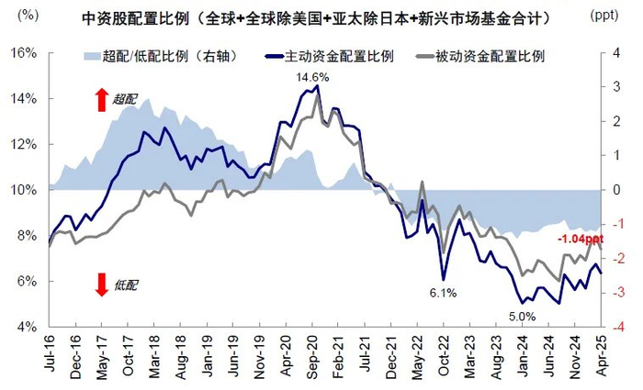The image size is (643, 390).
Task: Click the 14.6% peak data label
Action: pyautogui.click(x=311, y=77)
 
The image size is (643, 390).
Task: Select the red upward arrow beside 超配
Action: pyautogui.click(x=100, y=100)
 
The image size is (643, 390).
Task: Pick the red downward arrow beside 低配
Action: pyautogui.click(x=100, y=285)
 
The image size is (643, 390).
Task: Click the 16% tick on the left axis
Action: pyautogui.click(x=24, y=52)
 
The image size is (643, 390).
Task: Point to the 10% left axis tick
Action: pyautogui.click(x=24, y=190)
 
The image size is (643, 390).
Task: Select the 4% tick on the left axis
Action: pyautogui.click(x=28, y=327)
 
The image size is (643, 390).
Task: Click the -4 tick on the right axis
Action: pyautogui.click(x=621, y=327)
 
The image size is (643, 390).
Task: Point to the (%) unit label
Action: pyautogui.click(x=28, y=17)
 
